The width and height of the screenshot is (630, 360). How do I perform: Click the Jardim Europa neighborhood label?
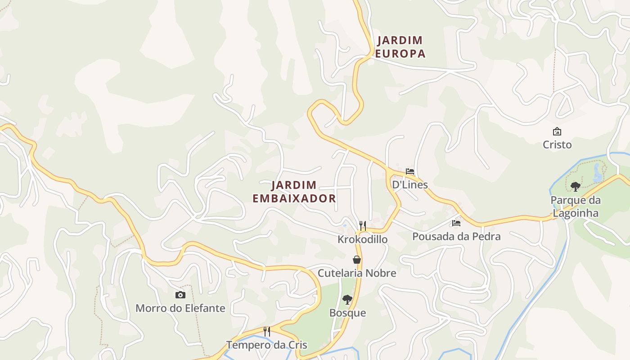[x=400, y=47]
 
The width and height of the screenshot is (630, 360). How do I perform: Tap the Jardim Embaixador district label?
[x=294, y=192]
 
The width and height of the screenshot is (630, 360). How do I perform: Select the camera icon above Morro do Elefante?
[x=180, y=295]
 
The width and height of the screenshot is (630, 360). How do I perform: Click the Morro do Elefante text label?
[x=180, y=308]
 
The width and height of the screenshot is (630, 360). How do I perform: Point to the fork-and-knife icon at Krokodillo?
[x=363, y=225]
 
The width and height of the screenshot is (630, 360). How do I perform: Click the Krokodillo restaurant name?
[x=362, y=239]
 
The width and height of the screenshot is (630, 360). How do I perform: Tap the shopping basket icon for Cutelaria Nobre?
[x=357, y=260]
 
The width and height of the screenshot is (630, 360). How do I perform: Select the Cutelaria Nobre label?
[x=357, y=273]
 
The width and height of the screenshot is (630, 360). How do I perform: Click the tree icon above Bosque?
[x=347, y=299]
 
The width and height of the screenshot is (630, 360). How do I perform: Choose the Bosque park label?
[x=347, y=313]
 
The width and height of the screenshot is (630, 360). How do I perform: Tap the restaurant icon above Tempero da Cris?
[x=267, y=332]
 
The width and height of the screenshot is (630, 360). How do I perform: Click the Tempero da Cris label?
[x=266, y=345]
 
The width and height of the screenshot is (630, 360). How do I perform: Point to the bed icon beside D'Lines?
[x=409, y=171]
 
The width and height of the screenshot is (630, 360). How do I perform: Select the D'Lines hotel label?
[x=409, y=184]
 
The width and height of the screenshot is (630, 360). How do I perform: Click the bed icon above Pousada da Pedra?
[x=456, y=223]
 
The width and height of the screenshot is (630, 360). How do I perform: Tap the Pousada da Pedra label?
[x=456, y=237]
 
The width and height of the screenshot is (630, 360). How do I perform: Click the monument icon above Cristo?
[x=557, y=131]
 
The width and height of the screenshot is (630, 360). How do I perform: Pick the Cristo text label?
[x=557, y=145]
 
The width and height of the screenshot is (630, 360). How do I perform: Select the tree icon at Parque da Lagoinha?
[x=575, y=186]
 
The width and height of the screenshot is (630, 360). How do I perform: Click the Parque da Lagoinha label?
[x=575, y=206]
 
